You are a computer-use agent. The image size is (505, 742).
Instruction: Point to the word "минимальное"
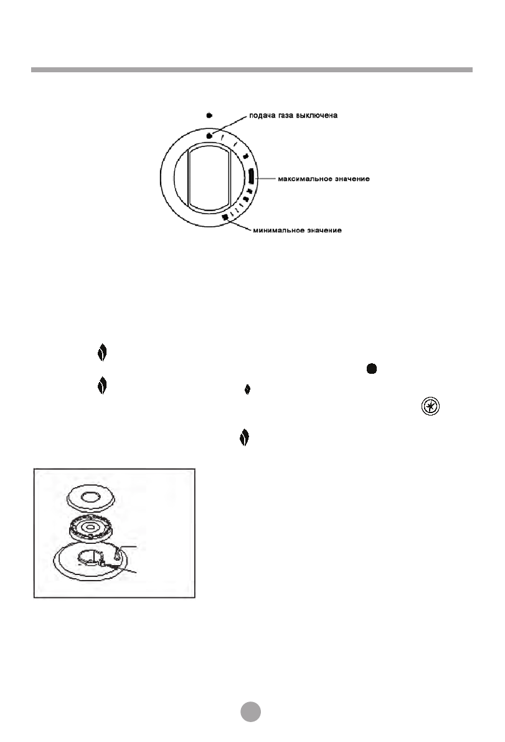click(276, 231)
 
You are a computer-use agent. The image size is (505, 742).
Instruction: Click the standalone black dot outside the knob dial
click(209, 115)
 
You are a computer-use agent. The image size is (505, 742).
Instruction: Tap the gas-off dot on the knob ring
click(210, 136)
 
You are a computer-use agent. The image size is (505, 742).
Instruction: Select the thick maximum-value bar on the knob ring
click(250, 178)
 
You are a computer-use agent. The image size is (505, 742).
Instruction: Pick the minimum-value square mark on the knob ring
click(225, 217)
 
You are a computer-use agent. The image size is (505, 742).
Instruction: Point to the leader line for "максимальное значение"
click(265, 179)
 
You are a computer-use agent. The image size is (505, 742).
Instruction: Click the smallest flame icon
click(247, 389)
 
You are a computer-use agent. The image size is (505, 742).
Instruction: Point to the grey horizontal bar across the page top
click(252, 70)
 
